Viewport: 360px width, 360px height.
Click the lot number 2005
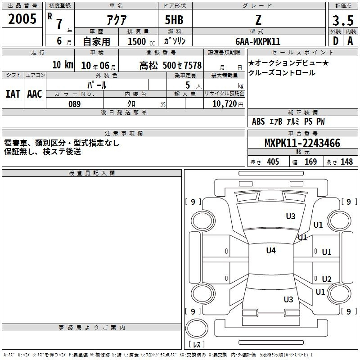point(22,18)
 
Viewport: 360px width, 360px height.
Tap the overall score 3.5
point(343,20)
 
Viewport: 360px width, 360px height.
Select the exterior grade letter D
point(336,41)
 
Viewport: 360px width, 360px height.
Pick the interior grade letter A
point(350,41)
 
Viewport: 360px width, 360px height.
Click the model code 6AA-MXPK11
point(258,41)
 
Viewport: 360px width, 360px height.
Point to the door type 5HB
point(174,20)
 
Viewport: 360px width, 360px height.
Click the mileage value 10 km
point(63,65)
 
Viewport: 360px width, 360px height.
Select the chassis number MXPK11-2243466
point(302,143)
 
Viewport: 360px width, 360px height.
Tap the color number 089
point(74,104)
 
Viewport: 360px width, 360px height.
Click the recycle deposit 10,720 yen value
point(228,104)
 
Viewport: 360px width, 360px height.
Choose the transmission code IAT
point(13,94)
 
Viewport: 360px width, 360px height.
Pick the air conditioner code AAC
point(35,94)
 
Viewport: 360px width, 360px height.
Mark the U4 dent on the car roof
point(271,251)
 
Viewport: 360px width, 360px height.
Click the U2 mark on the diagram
point(327,279)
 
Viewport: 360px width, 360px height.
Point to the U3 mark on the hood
point(291,216)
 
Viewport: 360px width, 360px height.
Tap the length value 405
point(273,162)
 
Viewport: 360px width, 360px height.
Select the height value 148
point(346,162)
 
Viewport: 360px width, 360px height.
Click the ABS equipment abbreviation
point(258,121)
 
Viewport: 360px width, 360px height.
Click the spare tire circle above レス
point(197,328)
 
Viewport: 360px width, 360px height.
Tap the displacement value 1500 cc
point(141,41)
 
